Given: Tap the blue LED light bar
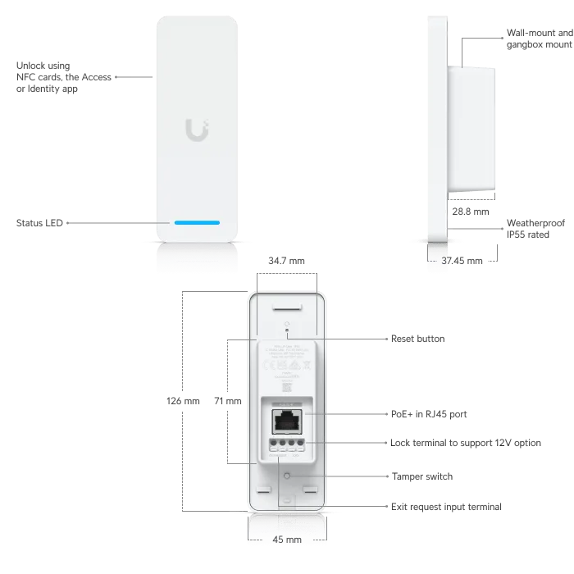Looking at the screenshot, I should [197, 222].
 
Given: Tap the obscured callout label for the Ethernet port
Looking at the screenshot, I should [429, 412].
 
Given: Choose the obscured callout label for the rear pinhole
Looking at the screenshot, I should [417, 340].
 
